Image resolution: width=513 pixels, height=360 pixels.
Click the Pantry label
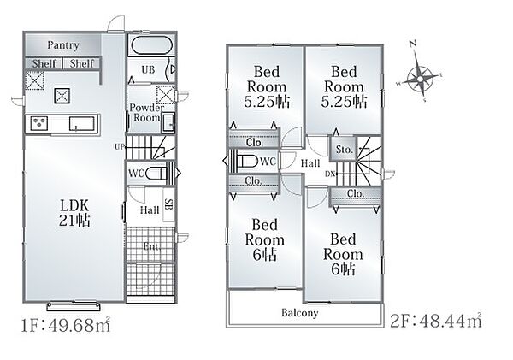[x=63, y=45]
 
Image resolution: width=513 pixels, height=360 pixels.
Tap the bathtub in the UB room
[x=151, y=45]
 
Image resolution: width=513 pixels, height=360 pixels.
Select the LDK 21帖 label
[x=74, y=213]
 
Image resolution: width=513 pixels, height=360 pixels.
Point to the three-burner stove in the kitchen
[x=39, y=123]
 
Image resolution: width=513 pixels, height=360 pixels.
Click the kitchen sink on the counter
[x=82, y=124]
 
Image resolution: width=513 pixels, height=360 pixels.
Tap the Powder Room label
[x=146, y=112]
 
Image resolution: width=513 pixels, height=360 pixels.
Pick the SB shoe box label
[x=168, y=204]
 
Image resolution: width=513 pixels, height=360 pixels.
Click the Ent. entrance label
[x=151, y=245]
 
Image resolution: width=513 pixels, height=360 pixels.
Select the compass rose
[x=421, y=79]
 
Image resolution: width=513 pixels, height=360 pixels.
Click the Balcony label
[x=300, y=313]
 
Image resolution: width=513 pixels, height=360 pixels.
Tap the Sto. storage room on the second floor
[x=343, y=149]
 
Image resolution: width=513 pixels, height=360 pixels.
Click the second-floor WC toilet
[x=247, y=161]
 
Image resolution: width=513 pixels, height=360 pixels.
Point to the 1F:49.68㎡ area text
[x=66, y=325]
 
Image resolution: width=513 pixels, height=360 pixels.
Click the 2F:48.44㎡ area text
[x=436, y=321]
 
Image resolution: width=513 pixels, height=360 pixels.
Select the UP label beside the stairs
[x=120, y=147]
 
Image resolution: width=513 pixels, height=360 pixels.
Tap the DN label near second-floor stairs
[x=330, y=174]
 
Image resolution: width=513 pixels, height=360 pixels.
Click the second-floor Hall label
[x=310, y=163]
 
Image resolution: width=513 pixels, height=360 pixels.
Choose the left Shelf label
[x=44, y=63]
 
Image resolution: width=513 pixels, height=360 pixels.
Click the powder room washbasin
[x=168, y=121]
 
